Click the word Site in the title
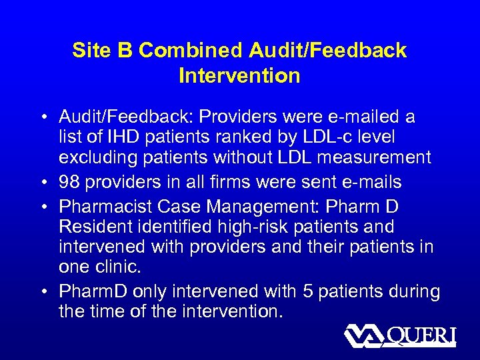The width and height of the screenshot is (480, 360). [x=88, y=51]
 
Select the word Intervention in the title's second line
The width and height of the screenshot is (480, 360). [x=239, y=76]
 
